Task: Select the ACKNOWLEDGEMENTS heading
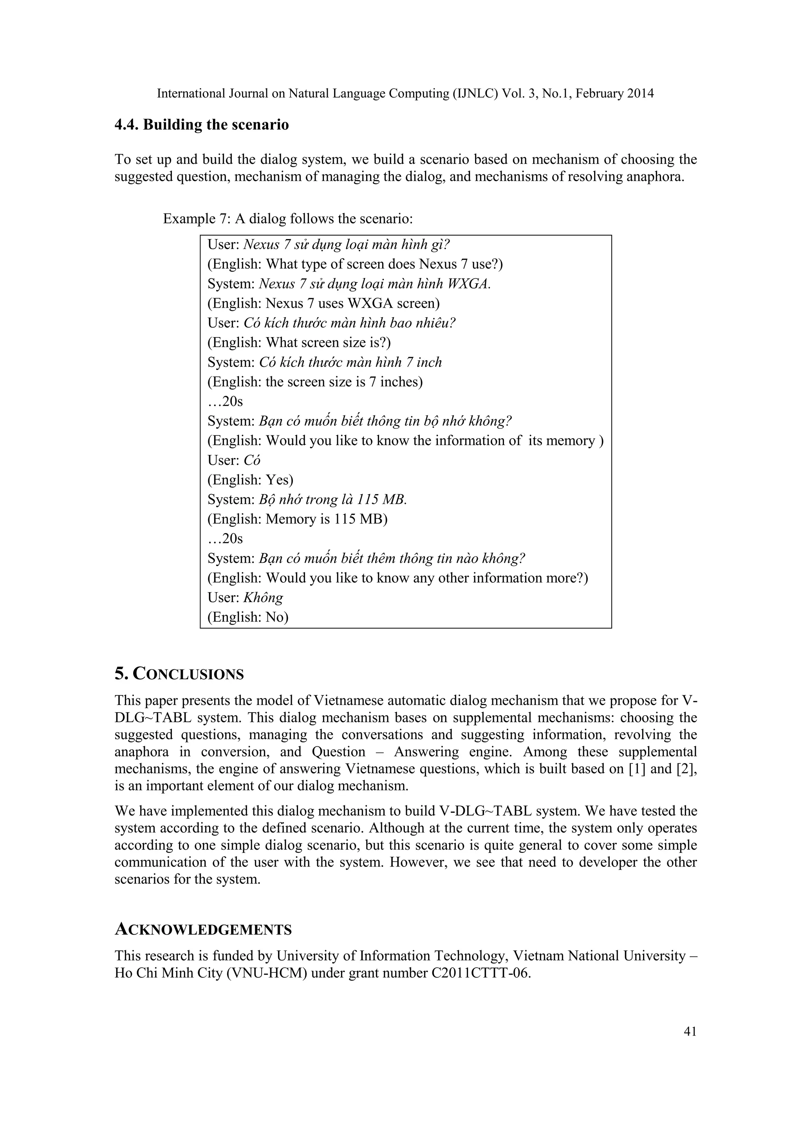coord(203,930)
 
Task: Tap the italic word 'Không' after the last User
coord(263,598)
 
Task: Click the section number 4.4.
coord(127,125)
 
